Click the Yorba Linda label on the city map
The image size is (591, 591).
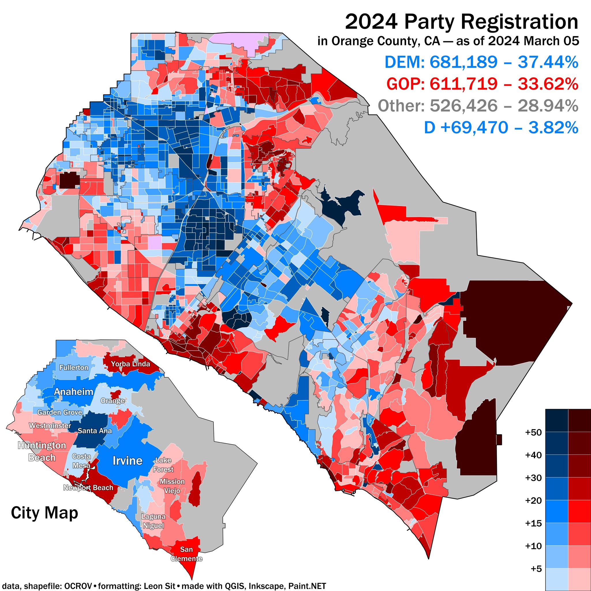pos(130,364)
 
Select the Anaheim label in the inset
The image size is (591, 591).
pos(73,392)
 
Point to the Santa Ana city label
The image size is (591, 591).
pos(95,431)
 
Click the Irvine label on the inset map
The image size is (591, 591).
pos(128,461)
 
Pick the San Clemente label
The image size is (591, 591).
pos(186,554)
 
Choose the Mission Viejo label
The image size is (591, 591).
pos(172,486)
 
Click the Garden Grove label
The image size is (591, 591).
pos(60,412)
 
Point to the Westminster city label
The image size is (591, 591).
pos(50,426)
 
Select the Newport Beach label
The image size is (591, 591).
pos(88,488)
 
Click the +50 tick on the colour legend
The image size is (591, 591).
pos(533,433)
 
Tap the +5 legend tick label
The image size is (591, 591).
pos(536,569)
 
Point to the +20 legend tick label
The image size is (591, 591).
pos(533,501)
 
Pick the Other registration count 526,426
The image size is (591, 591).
pos(463,106)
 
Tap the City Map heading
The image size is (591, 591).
pos(44,513)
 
